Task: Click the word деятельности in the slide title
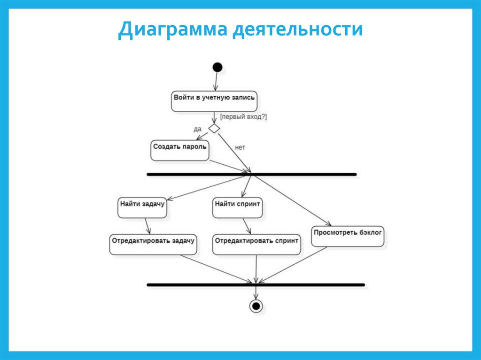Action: (296, 31)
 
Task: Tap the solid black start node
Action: (217, 67)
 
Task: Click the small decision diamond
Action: (214, 128)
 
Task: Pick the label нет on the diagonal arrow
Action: (240, 147)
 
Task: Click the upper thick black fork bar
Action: (252, 174)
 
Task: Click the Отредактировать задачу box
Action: (153, 245)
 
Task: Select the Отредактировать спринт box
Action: (256, 245)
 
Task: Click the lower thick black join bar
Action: (256, 284)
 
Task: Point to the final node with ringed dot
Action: (256, 306)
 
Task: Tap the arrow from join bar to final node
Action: (256, 292)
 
